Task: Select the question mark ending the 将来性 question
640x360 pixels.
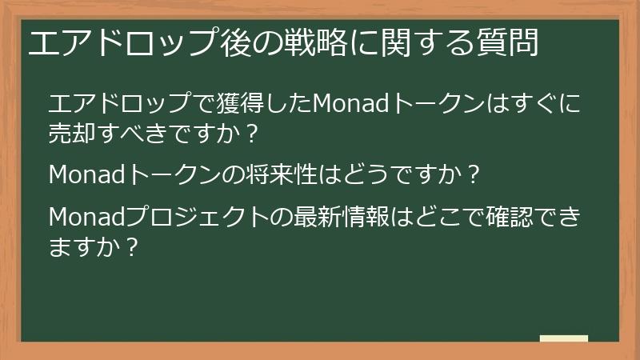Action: pos(474,174)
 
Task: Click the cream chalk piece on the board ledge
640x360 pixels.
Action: pos(564,339)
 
